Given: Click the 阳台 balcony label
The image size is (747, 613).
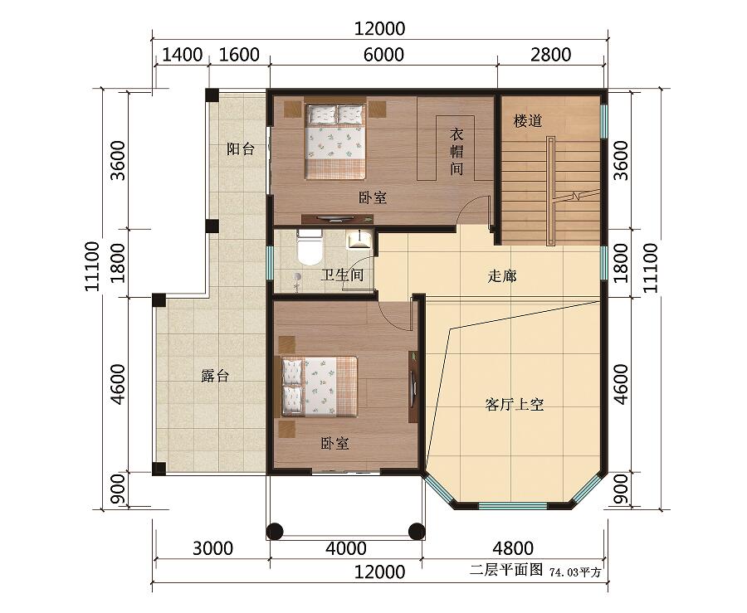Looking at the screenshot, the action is click(241, 149).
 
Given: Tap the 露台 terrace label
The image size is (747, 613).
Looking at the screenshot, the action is click(215, 376).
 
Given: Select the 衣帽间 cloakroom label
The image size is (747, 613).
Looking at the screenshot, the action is click(456, 152).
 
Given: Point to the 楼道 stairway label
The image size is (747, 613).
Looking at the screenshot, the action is click(528, 121).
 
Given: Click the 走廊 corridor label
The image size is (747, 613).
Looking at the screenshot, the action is click(502, 276).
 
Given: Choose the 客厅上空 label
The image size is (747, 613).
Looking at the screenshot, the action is click(515, 405).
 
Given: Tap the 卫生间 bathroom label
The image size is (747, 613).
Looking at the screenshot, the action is click(342, 275).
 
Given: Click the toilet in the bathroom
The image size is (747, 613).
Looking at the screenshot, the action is click(310, 246).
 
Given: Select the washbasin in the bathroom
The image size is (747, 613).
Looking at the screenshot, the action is click(359, 239).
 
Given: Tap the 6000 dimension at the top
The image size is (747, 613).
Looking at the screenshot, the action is click(383, 55).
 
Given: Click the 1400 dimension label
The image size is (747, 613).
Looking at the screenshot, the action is click(183, 55).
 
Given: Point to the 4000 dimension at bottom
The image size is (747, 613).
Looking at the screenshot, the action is click(346, 548).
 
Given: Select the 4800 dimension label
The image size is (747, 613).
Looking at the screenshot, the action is click(513, 548).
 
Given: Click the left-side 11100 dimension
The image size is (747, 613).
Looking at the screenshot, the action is click(92, 266).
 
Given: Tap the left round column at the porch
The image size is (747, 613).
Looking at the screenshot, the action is click(275, 531).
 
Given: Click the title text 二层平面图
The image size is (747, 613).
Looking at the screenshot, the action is click(506, 570).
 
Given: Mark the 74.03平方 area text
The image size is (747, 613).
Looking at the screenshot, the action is click(575, 572).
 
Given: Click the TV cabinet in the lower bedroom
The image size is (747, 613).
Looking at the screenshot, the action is click(413, 387).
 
